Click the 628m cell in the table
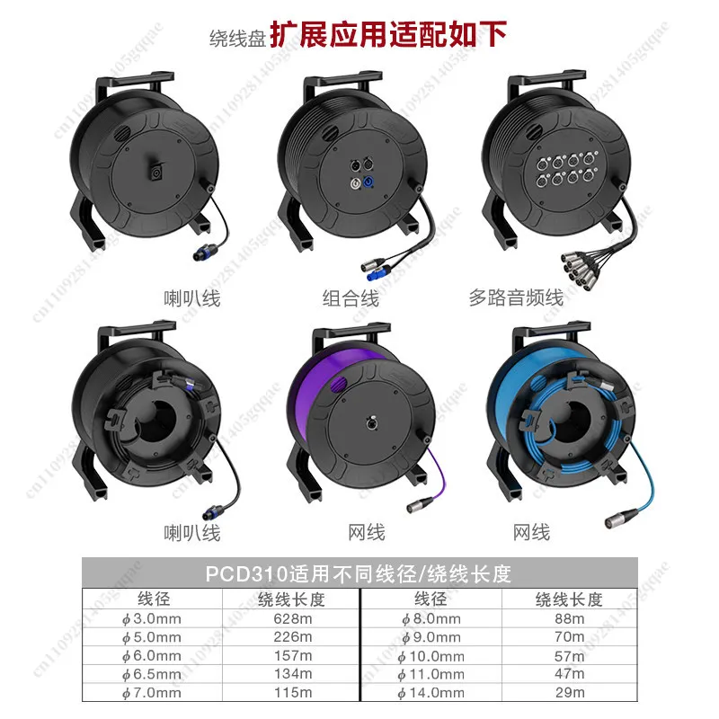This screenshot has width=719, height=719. (293, 618)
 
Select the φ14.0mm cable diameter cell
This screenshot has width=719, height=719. (431, 692)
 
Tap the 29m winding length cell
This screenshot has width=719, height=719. (570, 692)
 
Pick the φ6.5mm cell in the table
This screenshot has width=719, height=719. (151, 674)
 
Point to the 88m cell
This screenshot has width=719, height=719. (570, 618)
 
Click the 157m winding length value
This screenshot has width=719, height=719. (293, 656)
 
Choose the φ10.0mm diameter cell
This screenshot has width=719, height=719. (431, 656)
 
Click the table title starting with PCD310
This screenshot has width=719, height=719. (358, 573)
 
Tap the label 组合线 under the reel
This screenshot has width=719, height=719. (351, 298)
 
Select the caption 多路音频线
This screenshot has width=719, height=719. (516, 297)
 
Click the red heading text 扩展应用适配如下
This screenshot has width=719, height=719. (388, 34)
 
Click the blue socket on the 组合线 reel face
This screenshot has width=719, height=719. (368, 182)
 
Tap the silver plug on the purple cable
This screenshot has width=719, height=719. (419, 504)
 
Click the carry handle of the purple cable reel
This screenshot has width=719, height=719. (351, 333)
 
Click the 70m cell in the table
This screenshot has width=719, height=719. (570, 637)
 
